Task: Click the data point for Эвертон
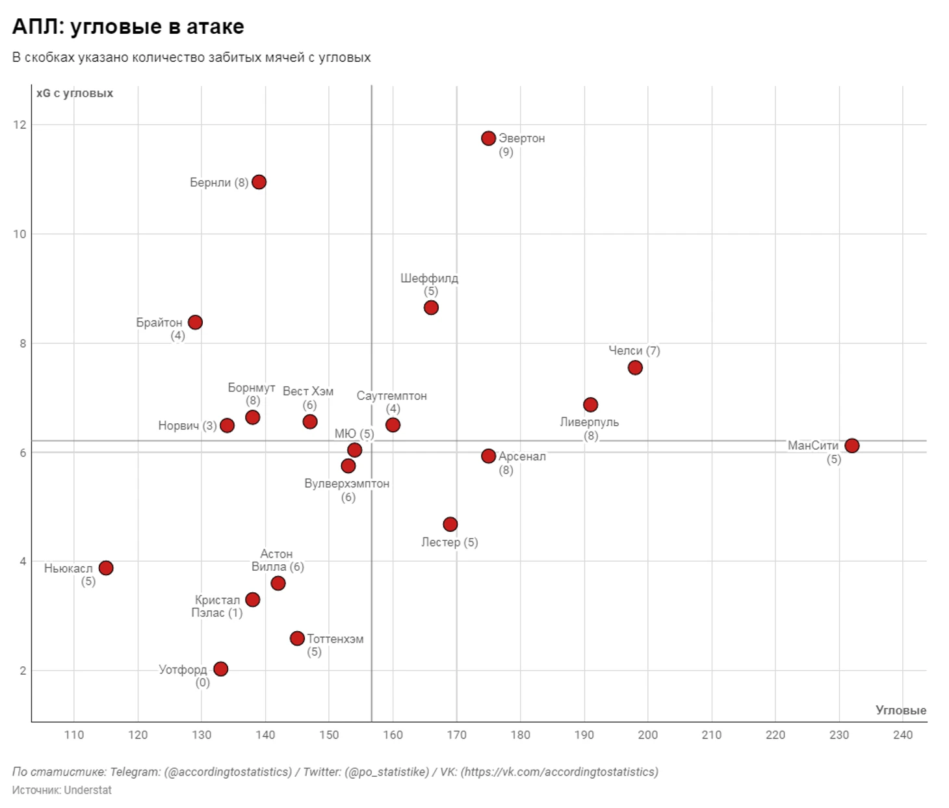(x=488, y=138)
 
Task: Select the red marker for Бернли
(x=259, y=182)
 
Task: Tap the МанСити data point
(x=851, y=446)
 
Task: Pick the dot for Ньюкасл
(x=106, y=568)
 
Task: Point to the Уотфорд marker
(x=220, y=669)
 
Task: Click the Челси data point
(x=635, y=368)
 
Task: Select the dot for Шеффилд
(x=431, y=307)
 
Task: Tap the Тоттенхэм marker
(x=297, y=638)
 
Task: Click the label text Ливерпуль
(x=589, y=423)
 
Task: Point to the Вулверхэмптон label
(x=347, y=484)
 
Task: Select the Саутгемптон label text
(x=391, y=396)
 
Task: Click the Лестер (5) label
(x=449, y=542)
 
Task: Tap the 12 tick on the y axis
(x=19, y=125)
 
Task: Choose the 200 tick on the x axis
(x=647, y=735)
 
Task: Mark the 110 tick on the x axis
(x=74, y=735)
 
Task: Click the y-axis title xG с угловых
(x=75, y=94)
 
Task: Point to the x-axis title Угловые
(x=900, y=710)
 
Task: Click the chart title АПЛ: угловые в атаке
(x=128, y=27)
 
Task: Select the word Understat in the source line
(x=88, y=790)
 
